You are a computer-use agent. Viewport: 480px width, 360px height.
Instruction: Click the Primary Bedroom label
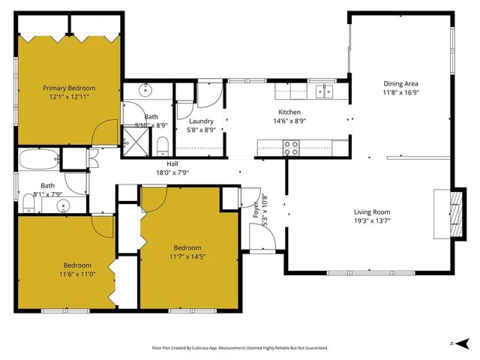[x=68, y=88]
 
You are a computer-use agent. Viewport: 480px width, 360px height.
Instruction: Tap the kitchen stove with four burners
[x=291, y=148]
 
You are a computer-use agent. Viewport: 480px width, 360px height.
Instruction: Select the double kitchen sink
[x=325, y=91]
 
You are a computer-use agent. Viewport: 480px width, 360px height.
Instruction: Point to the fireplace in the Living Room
[x=443, y=212]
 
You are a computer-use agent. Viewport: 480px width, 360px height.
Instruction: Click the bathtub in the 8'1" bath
[x=37, y=160]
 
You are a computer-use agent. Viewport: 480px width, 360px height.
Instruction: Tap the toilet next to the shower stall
[x=162, y=144]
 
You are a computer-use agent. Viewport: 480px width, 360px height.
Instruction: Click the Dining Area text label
[x=400, y=83]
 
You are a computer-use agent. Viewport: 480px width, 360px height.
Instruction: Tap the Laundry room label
[x=201, y=121]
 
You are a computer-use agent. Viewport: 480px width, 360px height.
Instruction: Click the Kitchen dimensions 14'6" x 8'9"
[x=289, y=121]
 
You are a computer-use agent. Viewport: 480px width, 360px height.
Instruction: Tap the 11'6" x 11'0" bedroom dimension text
[x=77, y=274]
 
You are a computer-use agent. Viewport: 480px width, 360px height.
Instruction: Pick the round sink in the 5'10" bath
[x=145, y=91]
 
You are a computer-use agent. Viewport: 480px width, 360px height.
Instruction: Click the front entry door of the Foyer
[x=260, y=239]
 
